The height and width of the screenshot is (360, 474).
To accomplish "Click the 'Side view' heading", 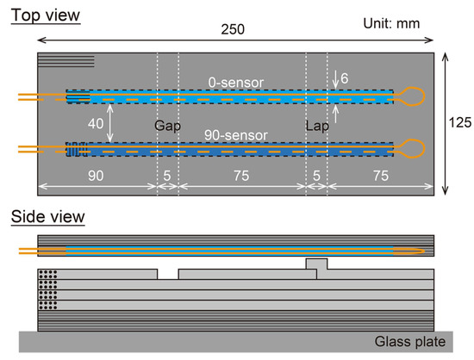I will tap(47, 216).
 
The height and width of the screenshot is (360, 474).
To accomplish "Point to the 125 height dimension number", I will tap(461, 123).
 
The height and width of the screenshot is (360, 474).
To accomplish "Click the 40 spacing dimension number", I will tap(96, 124).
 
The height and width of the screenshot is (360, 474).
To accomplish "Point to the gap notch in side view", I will tap(168, 274).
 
